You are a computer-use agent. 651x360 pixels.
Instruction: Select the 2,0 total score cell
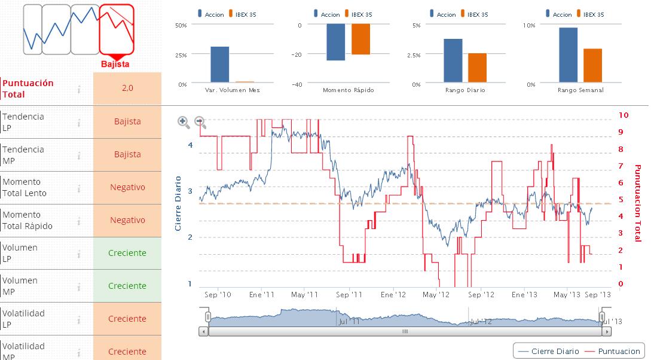click(x=127, y=88)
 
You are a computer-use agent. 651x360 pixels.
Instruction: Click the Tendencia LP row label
click(x=23, y=122)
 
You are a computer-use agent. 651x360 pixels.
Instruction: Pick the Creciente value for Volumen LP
click(x=127, y=253)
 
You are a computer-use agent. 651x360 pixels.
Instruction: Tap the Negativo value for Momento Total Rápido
click(x=127, y=220)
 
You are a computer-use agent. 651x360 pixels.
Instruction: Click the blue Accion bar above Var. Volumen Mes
click(x=220, y=64)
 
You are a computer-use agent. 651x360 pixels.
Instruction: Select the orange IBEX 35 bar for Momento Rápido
click(x=360, y=39)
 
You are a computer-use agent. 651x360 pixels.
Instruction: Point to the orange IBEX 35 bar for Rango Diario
click(x=477, y=67)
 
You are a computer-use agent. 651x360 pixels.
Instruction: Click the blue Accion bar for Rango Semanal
click(x=568, y=54)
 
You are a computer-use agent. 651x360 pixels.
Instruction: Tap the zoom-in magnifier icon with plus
click(x=184, y=122)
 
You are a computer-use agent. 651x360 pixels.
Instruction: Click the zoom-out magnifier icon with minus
click(x=200, y=122)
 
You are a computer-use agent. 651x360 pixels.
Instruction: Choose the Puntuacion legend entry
click(x=613, y=351)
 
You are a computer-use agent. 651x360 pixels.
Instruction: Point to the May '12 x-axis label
click(x=436, y=295)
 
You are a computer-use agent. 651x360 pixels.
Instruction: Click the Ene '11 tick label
click(x=262, y=295)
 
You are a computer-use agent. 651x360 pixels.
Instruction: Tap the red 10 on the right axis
click(x=624, y=115)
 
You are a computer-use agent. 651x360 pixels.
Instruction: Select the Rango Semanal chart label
click(x=580, y=90)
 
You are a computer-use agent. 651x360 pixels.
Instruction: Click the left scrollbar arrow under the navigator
click(x=204, y=331)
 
